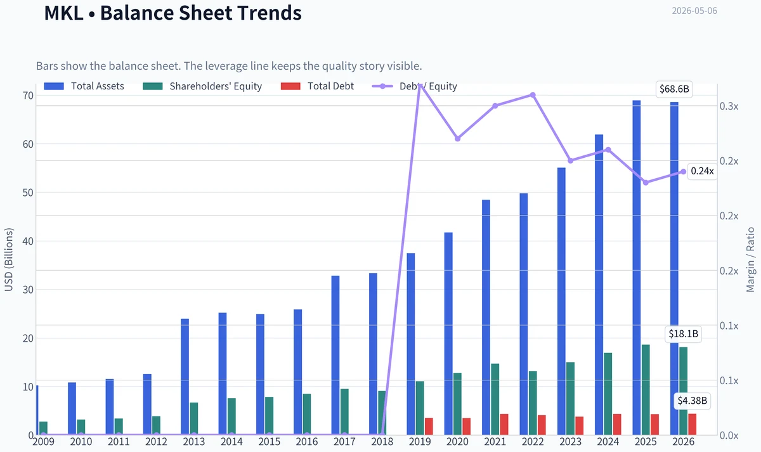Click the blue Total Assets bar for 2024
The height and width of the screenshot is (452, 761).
coord(599,285)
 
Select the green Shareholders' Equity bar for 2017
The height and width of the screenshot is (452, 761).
coord(344,412)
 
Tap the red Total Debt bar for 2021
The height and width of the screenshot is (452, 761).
coord(504,425)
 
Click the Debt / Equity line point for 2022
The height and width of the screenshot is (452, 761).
coord(533,95)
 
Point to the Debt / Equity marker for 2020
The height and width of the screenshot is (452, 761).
coord(458,139)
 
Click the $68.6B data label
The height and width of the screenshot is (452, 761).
coord(674,89)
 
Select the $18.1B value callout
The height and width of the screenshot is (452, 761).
coord(683,334)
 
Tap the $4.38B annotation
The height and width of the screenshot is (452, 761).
coord(692,401)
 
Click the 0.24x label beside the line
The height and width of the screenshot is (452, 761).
coord(702,171)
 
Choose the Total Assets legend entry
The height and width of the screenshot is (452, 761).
coord(84,86)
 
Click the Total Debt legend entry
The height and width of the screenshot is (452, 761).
coord(317,86)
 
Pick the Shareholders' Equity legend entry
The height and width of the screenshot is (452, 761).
coord(202,86)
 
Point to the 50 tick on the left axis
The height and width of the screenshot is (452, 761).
coord(28,193)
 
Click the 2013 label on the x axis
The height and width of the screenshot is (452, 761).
coord(193,442)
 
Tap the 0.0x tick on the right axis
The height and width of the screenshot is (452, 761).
coord(729,436)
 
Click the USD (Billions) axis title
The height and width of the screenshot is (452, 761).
coord(9,260)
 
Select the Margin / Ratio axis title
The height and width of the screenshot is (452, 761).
coord(750,260)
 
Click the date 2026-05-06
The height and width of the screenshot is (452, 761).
coord(694,11)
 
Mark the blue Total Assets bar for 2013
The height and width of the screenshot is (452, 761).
coord(185,377)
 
